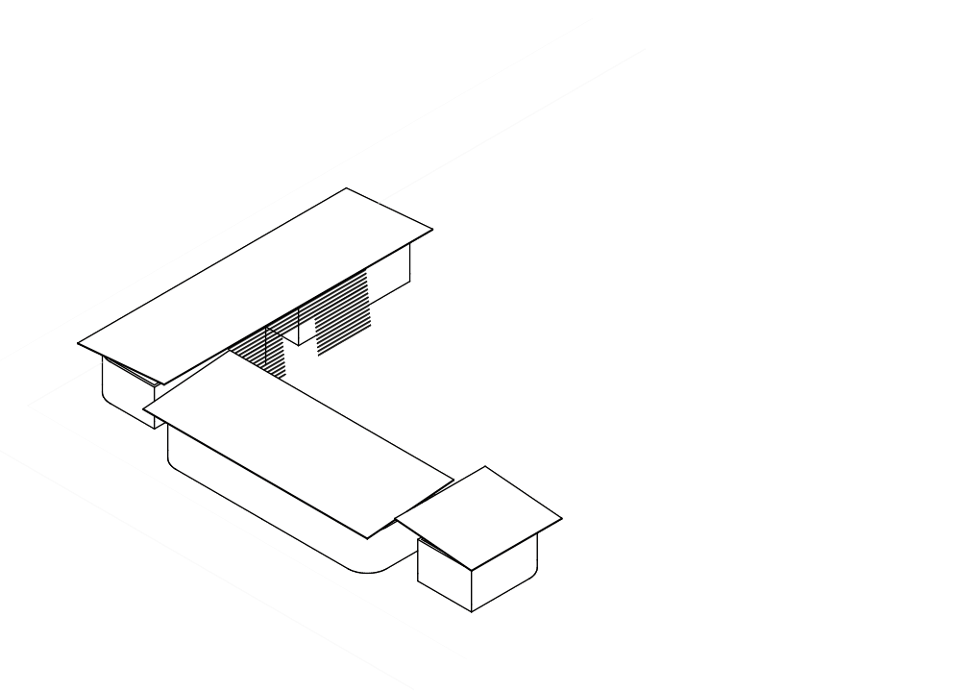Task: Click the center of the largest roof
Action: [256, 285]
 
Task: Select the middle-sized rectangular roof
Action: [298, 441]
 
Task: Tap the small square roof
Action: [478, 516]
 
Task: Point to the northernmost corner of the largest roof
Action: [346, 188]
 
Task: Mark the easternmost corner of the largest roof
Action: [432, 231]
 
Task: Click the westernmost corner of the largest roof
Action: [78, 343]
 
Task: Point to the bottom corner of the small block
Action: [472, 612]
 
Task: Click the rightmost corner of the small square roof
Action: [561, 520]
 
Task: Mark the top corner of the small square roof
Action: [485, 467]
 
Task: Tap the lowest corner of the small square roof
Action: [472, 569]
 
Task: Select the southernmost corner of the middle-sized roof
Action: [367, 537]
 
